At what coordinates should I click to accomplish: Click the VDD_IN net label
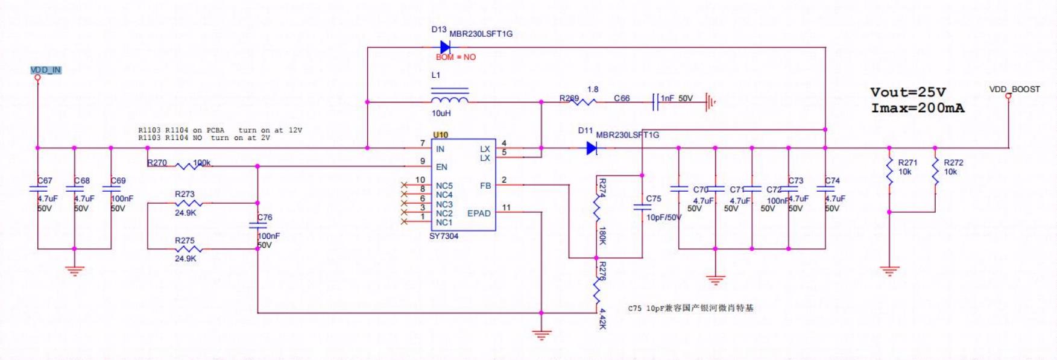(x=46, y=70)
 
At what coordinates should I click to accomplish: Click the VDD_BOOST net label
(x=1014, y=89)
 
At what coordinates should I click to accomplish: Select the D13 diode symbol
(x=446, y=47)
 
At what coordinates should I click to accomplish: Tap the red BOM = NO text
(x=456, y=57)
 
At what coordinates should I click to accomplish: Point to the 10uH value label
(x=441, y=113)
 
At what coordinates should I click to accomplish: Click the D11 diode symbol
(x=592, y=148)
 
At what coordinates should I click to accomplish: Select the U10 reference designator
(x=440, y=135)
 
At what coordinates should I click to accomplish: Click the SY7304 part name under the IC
(x=444, y=236)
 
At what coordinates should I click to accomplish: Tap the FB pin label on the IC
(x=485, y=186)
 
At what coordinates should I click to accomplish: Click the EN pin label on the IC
(x=441, y=167)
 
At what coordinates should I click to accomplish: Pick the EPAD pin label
(x=479, y=213)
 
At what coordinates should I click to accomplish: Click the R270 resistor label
(x=157, y=163)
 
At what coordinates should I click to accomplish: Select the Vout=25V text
(x=908, y=92)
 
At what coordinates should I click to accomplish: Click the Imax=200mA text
(x=917, y=109)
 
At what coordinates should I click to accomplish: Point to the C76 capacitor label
(x=265, y=218)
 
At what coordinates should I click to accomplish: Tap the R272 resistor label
(x=953, y=163)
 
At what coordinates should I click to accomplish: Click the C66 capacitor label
(x=622, y=98)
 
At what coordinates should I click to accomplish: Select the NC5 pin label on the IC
(x=444, y=186)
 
